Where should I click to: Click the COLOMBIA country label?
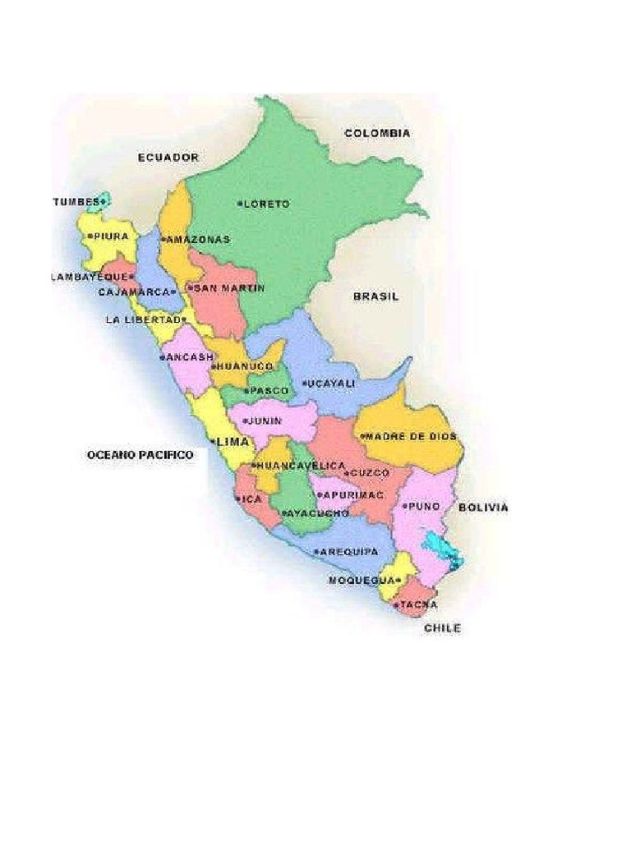(x=377, y=133)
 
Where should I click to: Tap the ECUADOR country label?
(x=168, y=157)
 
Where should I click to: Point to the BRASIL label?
(x=375, y=296)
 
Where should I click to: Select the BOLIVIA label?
(x=483, y=508)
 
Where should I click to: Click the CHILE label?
(x=442, y=628)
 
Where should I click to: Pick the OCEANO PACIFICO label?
(x=140, y=454)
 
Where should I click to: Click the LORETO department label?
(x=266, y=204)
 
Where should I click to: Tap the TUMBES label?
(x=75, y=201)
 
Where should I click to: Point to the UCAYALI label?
(x=331, y=384)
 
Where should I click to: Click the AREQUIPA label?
(x=349, y=552)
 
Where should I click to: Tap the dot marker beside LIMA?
(x=214, y=442)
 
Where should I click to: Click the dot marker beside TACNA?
(x=396, y=605)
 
